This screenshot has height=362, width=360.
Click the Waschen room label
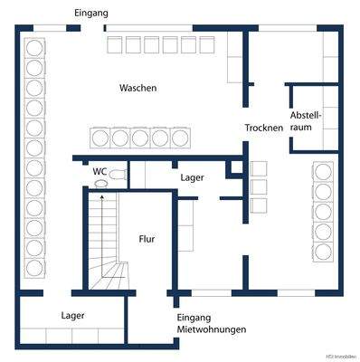(x=138, y=89)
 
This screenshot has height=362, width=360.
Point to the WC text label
(x=99, y=170)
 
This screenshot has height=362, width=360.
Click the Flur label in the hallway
(x=146, y=240)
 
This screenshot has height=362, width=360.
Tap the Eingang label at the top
(x=91, y=14)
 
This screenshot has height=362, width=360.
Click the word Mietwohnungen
(x=212, y=329)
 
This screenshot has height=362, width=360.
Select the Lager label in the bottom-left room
(x=73, y=316)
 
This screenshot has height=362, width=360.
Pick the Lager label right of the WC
(x=193, y=177)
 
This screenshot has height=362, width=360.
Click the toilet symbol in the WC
(x=101, y=184)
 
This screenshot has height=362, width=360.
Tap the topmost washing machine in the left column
(x=35, y=47)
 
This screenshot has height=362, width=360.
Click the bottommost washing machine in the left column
(x=35, y=267)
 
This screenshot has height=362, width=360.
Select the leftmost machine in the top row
(x=115, y=44)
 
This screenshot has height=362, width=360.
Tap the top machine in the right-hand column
(x=323, y=172)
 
